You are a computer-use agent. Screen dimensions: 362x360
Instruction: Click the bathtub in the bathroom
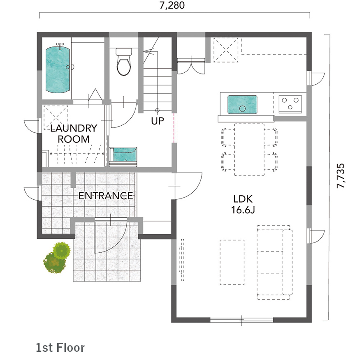[58, 69]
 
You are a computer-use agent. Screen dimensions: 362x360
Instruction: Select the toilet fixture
[124, 62]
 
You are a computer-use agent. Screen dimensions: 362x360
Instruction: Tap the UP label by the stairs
[158, 121]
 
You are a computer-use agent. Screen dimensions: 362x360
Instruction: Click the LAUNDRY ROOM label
[74, 134]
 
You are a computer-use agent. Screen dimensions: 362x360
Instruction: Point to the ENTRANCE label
[106, 196]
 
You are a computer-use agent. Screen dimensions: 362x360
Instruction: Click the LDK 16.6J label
[243, 204]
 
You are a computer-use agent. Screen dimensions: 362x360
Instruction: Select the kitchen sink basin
[242, 104]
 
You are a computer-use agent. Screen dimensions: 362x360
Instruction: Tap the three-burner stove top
[290, 104]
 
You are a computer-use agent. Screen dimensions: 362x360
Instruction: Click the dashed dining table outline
[249, 150]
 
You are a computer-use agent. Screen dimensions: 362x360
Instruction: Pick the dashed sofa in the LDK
[274, 262]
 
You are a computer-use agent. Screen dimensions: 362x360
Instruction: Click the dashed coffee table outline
[232, 262]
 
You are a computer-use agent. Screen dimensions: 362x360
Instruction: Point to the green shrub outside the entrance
[57, 257]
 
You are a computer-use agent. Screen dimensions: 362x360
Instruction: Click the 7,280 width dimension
[172, 5]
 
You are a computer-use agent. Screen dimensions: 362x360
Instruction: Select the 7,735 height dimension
[341, 176]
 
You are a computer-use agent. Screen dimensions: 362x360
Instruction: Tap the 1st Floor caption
[60, 348]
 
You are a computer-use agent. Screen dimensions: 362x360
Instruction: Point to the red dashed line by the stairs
[174, 128]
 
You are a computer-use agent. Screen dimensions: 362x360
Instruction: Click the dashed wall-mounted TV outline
[181, 260]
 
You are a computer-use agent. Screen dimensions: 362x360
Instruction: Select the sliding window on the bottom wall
[241, 320]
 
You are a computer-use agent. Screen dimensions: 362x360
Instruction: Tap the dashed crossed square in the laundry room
[56, 117]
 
